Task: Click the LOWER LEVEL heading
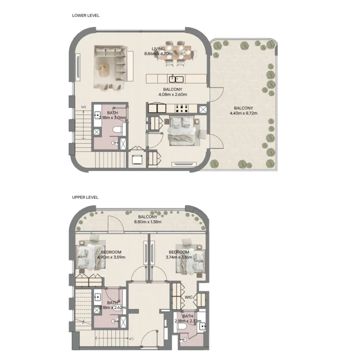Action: point(86,15)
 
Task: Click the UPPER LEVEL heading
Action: point(85,197)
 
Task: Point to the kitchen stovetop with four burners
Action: point(181,108)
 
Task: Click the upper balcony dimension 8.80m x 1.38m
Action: point(148,222)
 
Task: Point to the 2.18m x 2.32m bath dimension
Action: point(187,321)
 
